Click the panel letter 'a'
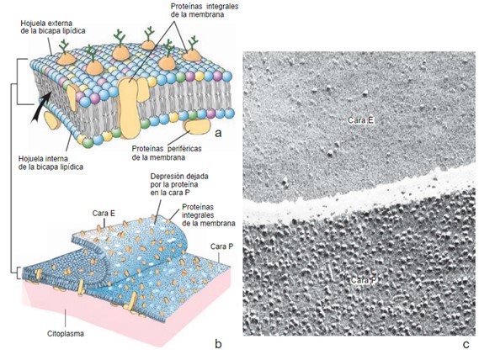point(218,133)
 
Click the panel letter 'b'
point(218,343)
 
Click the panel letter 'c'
point(466,344)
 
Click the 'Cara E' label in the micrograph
point(361,120)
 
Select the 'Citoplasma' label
point(66,333)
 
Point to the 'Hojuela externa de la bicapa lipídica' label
point(53,27)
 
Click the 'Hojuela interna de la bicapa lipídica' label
point(51,163)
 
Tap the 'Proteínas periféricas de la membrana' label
point(167,153)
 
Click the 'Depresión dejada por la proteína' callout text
point(179,184)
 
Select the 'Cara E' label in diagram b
point(104,214)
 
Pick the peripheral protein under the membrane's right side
point(196,127)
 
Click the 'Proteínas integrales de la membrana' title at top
point(205,10)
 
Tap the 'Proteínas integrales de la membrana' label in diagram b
point(209,215)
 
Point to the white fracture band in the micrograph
point(360,197)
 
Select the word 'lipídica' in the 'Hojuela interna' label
point(72,167)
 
